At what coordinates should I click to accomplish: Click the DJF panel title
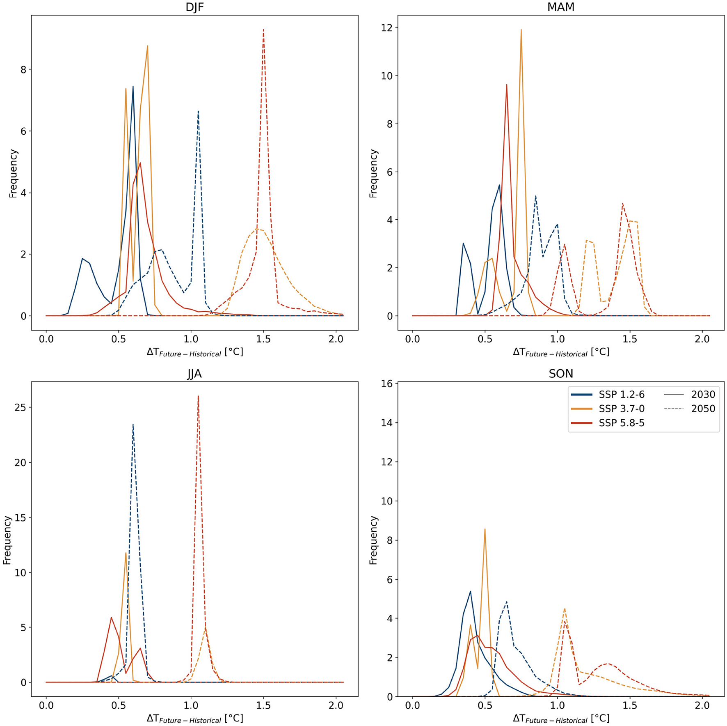click(194, 7)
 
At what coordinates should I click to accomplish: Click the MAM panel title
click(560, 7)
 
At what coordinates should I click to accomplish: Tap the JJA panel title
click(194, 374)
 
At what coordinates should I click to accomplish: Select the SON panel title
click(560, 374)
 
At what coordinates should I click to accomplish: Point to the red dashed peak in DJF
click(263, 30)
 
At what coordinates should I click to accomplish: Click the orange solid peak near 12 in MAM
click(521, 30)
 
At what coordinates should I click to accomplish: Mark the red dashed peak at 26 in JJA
click(198, 397)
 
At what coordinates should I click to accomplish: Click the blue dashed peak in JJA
click(133, 425)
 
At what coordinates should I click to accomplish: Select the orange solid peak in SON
click(485, 529)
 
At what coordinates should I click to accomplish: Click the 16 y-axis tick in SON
click(387, 384)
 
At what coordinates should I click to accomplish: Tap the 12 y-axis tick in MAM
click(387, 28)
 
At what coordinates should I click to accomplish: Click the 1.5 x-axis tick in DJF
click(263, 339)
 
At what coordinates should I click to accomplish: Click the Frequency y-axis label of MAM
click(373, 173)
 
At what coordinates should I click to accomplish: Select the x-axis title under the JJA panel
click(195, 719)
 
